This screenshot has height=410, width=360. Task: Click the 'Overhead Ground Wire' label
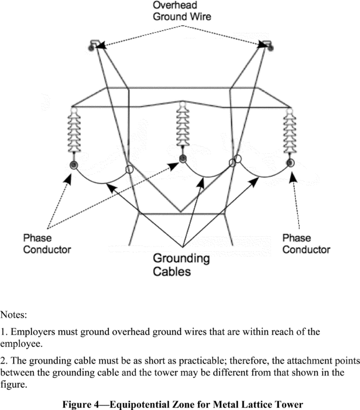(x=181, y=10)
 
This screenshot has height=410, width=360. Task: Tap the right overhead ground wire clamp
(x=265, y=45)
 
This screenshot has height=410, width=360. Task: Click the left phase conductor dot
(x=74, y=165)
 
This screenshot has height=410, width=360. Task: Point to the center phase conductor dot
(x=182, y=158)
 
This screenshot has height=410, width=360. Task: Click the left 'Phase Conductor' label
(x=47, y=244)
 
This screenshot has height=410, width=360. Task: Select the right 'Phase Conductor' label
(x=306, y=244)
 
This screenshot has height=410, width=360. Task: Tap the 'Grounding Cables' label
(x=181, y=264)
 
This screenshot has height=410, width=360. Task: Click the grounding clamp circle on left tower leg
(x=130, y=170)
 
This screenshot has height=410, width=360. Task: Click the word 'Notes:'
(x=14, y=315)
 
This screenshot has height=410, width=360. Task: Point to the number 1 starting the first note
(x=3, y=332)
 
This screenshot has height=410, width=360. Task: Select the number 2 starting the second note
(x=3, y=361)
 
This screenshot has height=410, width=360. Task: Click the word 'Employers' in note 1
(x=32, y=332)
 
